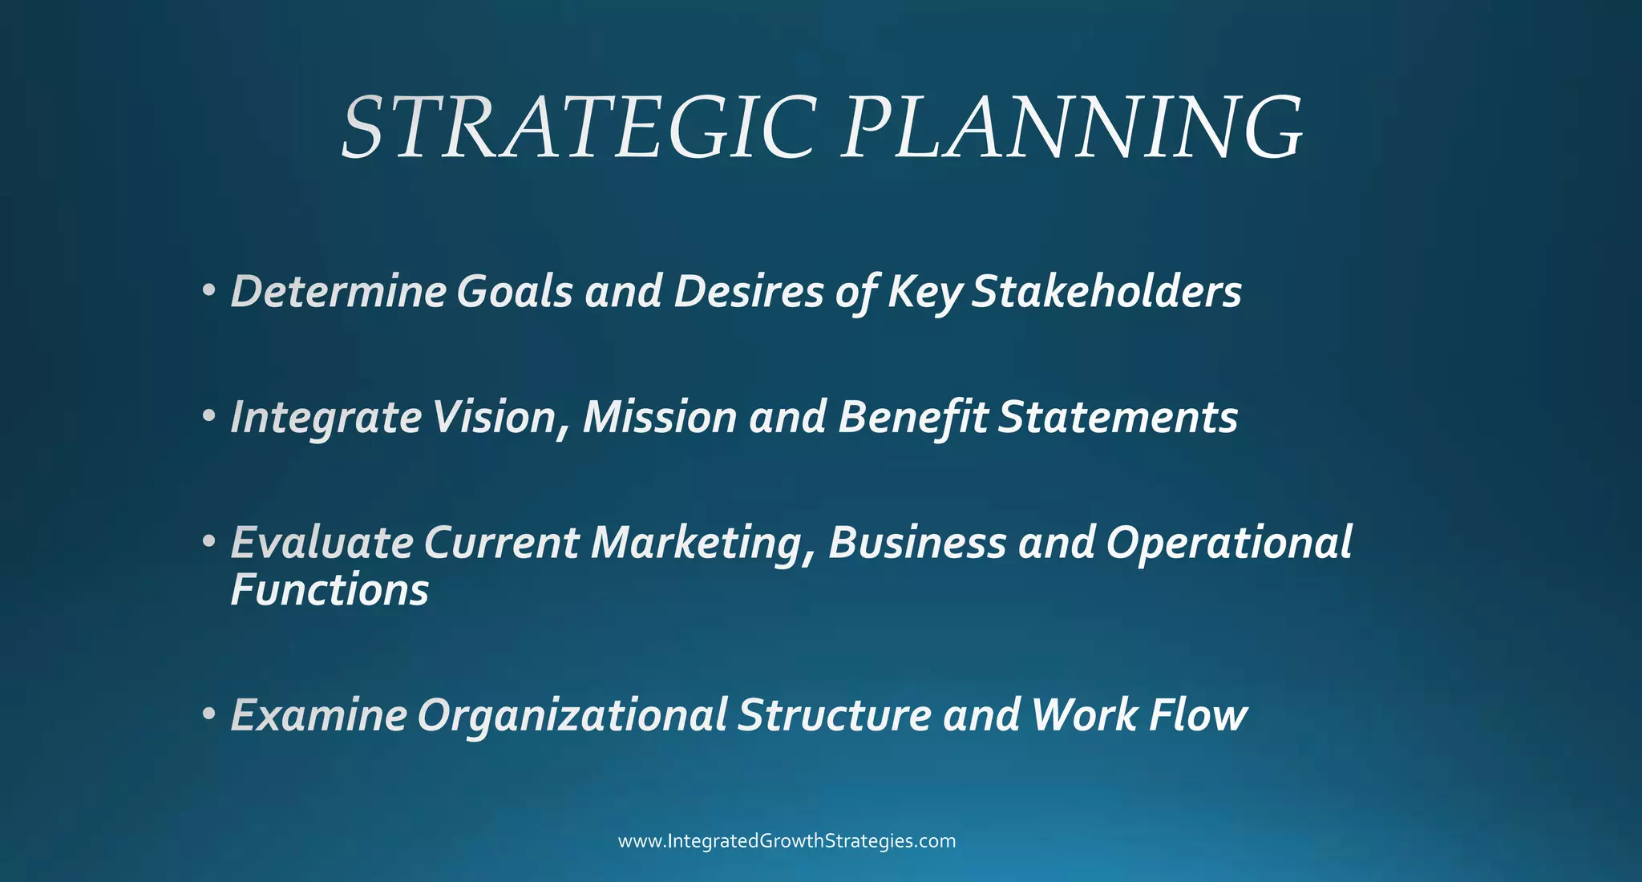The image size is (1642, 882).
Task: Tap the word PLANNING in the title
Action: (1073, 128)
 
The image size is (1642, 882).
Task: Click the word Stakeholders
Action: (1107, 291)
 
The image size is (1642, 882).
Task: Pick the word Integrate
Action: (326, 418)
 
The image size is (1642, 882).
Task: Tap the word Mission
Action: (660, 418)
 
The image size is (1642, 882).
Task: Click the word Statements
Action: (1118, 418)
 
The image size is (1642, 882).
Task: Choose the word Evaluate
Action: (322, 543)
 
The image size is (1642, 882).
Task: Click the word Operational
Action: (1229, 543)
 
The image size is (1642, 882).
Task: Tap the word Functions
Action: (330, 590)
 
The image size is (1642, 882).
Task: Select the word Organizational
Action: (572, 716)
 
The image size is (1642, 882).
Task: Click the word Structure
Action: (835, 714)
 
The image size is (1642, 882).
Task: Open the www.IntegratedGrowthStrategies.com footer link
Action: (787, 841)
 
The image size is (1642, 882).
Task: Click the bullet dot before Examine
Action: (209, 713)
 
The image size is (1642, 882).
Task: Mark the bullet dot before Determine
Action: (209, 289)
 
